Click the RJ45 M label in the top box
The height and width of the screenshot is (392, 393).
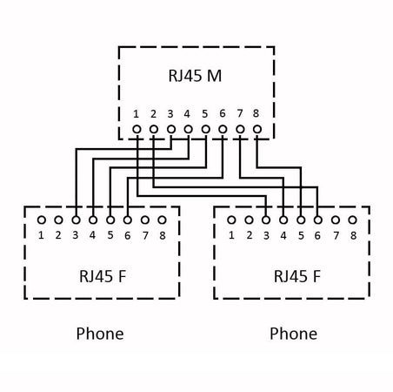click(195, 77)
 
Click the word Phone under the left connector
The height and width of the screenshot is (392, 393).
click(100, 334)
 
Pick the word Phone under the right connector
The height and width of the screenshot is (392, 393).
click(293, 334)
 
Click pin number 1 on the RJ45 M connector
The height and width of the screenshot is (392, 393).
click(136, 113)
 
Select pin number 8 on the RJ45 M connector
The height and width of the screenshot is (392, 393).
click(256, 113)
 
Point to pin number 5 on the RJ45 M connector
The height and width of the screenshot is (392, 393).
click(204, 113)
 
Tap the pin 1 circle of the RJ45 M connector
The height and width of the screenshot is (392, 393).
click(137, 131)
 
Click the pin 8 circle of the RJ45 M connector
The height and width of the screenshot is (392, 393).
click(256, 131)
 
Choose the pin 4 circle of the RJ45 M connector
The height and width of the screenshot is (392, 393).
click(188, 131)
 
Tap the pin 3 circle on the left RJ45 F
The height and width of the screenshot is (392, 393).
click(76, 220)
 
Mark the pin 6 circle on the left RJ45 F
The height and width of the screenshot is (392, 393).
click(128, 220)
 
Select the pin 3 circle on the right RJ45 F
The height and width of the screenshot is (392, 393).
click(265, 220)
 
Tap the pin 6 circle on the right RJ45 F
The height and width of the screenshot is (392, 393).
click(317, 220)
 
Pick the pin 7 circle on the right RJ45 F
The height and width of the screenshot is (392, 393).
click(335, 220)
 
